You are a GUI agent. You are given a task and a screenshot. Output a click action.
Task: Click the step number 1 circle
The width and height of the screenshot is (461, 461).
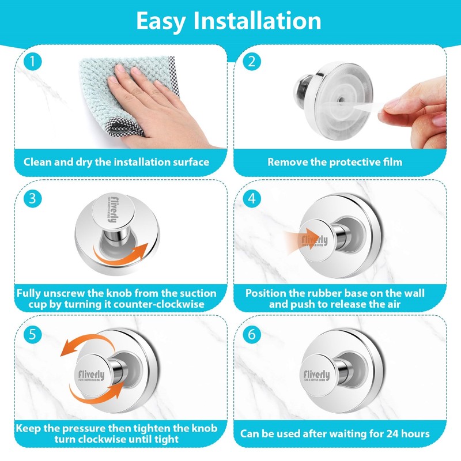point(32,62)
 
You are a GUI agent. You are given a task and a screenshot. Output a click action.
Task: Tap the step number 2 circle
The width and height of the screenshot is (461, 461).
point(252,62)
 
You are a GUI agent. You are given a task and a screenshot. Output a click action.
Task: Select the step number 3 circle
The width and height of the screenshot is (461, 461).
point(32,198)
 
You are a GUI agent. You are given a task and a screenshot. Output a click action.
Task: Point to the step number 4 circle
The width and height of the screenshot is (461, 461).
point(252,198)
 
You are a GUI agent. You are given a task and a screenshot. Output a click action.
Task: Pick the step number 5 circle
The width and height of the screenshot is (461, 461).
point(32,334)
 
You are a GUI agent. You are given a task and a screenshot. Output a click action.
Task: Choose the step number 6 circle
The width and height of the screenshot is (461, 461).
point(252,334)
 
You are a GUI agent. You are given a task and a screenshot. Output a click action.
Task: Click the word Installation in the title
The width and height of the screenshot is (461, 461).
point(257,21)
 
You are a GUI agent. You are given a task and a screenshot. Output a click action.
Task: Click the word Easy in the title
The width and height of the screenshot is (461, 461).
point(161,22)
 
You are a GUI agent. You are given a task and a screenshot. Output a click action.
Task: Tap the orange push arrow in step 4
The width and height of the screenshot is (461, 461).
point(300,239)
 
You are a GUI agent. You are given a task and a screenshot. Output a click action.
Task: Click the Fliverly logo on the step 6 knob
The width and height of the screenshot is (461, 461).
point(316,376)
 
